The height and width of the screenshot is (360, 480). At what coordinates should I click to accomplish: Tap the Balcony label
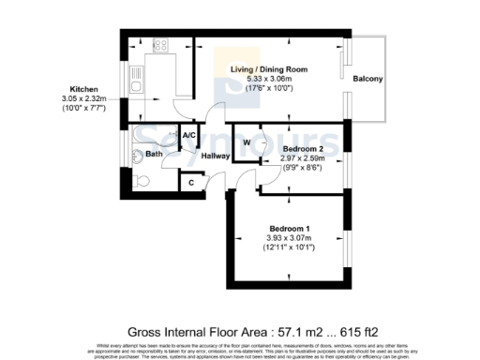(x=367, y=79)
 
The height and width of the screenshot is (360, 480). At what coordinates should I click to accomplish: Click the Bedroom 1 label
(x=290, y=229)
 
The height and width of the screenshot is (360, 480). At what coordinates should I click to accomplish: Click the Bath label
(x=155, y=153)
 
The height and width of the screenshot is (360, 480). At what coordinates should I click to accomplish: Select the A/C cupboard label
(x=188, y=136)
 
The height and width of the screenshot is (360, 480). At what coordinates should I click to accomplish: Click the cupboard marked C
(x=191, y=182)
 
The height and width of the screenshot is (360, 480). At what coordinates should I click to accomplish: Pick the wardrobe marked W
(x=247, y=142)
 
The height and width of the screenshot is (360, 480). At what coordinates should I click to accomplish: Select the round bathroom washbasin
(x=138, y=156)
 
